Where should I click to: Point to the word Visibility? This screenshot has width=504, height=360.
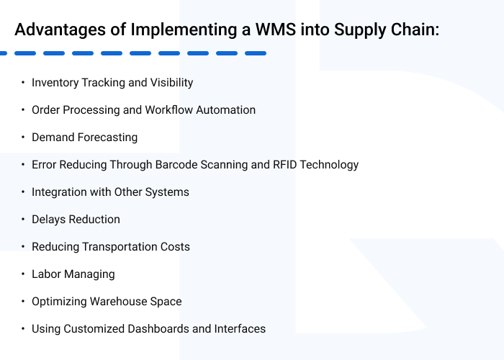pyautogui.click(x=171, y=83)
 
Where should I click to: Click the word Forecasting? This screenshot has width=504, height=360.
pyautogui.click(x=108, y=138)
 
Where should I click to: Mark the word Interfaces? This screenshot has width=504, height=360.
pyautogui.click(x=240, y=329)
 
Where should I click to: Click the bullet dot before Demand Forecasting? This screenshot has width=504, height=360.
pyautogui.click(x=23, y=138)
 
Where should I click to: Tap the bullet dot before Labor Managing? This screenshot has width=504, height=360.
pyautogui.click(x=23, y=274)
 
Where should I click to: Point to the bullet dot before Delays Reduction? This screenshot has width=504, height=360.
pyautogui.click(x=23, y=220)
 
